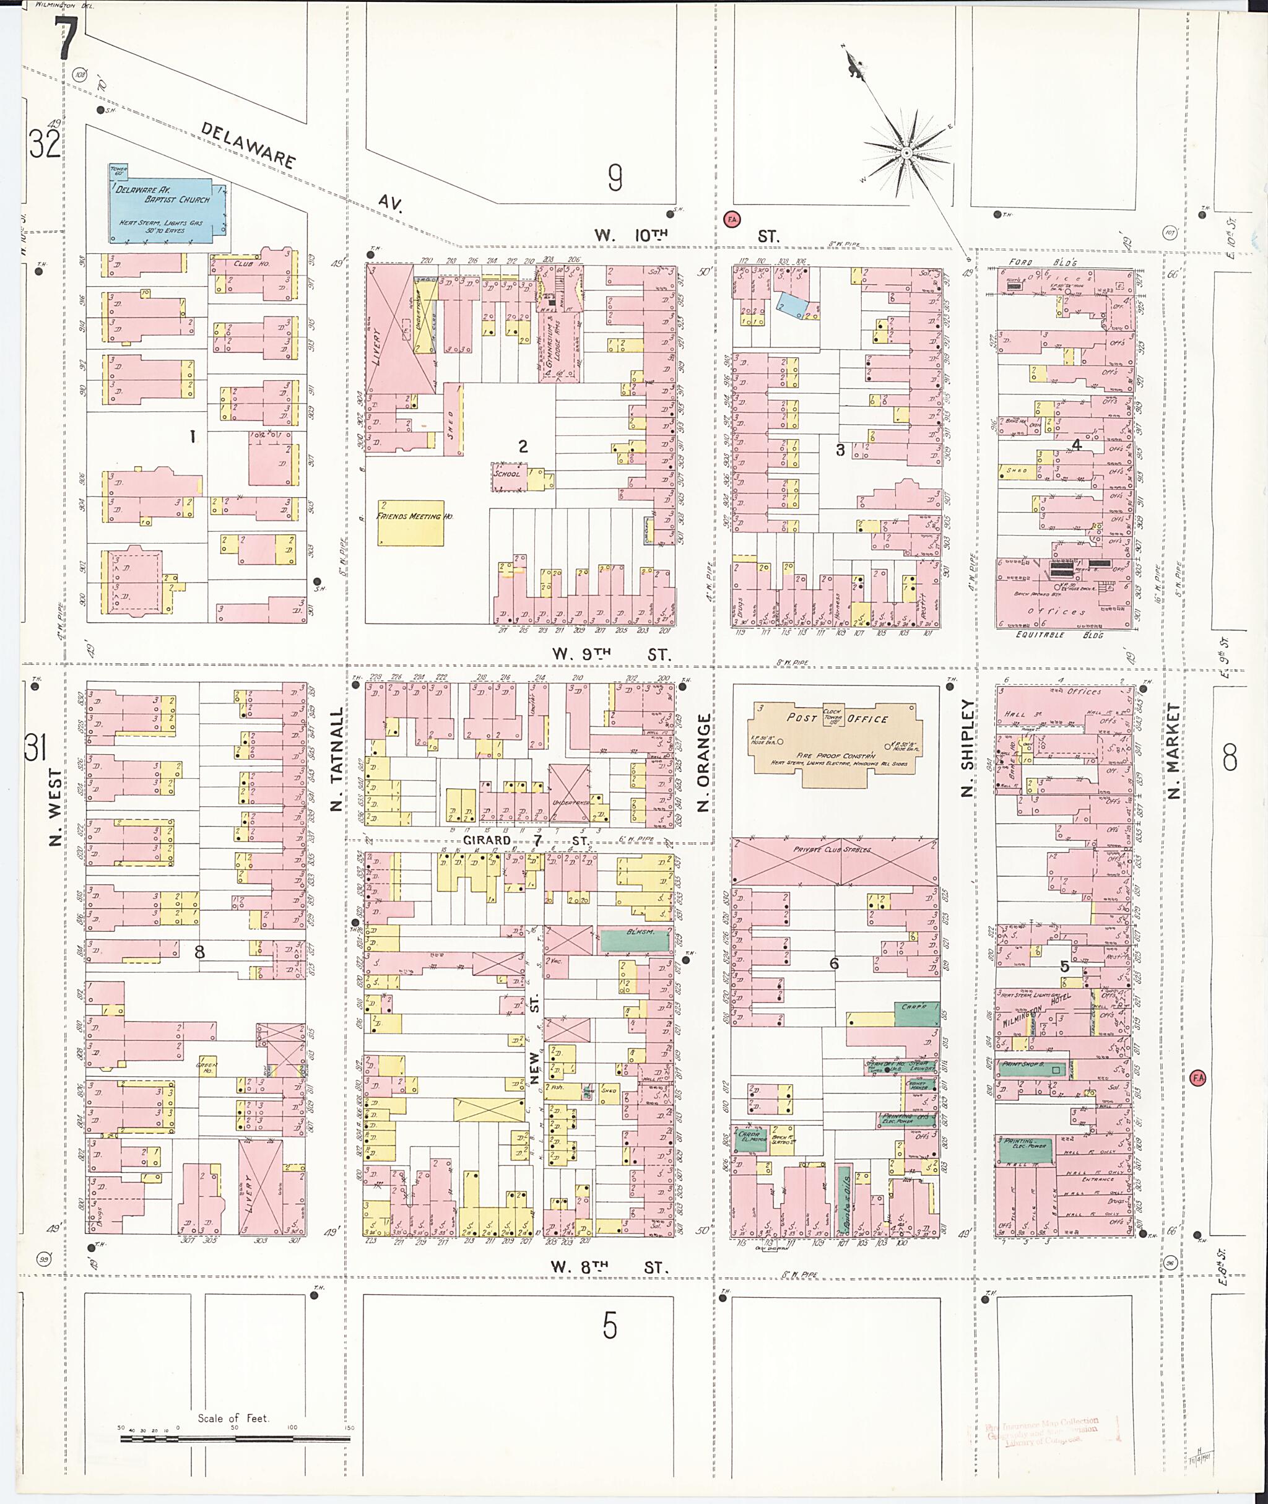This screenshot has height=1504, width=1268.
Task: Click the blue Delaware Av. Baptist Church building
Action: [165, 210]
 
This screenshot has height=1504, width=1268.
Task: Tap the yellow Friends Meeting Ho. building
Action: [410, 523]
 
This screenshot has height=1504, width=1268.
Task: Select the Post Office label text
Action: [838, 718]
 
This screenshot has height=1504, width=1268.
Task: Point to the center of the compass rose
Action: [907, 153]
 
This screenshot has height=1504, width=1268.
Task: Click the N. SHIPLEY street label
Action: [968, 748]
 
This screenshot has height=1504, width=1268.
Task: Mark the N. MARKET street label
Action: [1173, 751]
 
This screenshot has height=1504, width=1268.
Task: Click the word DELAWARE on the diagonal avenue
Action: [248, 146]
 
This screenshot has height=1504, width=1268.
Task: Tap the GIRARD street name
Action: [486, 840]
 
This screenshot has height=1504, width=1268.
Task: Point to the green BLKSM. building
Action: [635, 941]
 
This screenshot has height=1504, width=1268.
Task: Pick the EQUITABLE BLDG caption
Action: [1050, 635]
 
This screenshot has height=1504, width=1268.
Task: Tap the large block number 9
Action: [615, 178]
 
